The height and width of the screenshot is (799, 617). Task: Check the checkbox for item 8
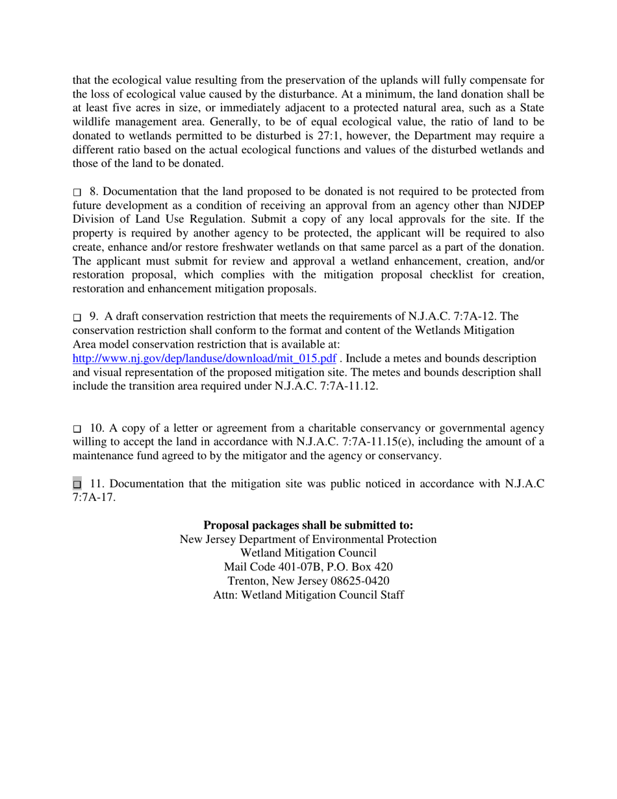(x=77, y=193)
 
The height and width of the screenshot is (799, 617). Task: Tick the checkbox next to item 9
(x=77, y=318)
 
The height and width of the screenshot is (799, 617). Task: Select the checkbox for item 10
(x=77, y=429)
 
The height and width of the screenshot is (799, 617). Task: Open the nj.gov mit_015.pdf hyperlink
(x=204, y=359)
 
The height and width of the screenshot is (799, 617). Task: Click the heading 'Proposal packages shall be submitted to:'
(x=308, y=525)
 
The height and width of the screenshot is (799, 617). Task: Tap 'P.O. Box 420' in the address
(x=361, y=567)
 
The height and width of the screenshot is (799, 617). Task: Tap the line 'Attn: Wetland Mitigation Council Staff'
(x=308, y=595)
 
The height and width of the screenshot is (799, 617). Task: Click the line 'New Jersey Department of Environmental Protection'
(x=308, y=539)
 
